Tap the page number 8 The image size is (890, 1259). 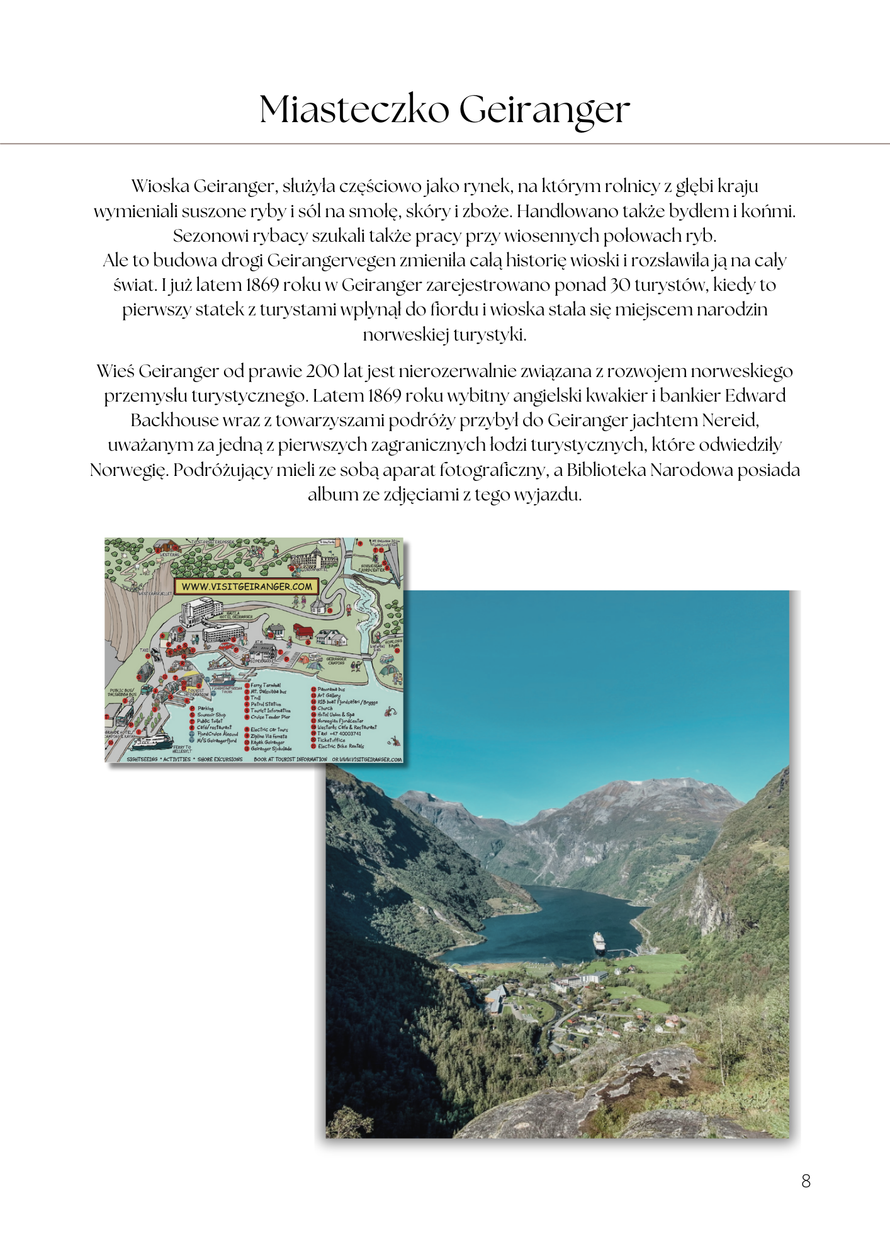pyautogui.click(x=806, y=1181)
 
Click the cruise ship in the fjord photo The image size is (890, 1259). pyautogui.click(x=598, y=942)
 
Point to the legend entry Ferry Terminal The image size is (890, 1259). pyautogui.click(x=266, y=685)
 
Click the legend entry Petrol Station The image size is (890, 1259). pyautogui.click(x=266, y=704)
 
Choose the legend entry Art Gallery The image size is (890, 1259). pyautogui.click(x=329, y=696)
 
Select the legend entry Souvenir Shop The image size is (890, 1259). pyautogui.click(x=211, y=714)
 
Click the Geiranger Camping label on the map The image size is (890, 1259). pyautogui.click(x=336, y=660)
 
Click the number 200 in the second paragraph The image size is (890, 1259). pyautogui.click(x=322, y=371)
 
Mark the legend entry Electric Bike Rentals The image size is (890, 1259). pyautogui.click(x=341, y=747)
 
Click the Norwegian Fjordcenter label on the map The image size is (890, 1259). pyautogui.click(x=372, y=568)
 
